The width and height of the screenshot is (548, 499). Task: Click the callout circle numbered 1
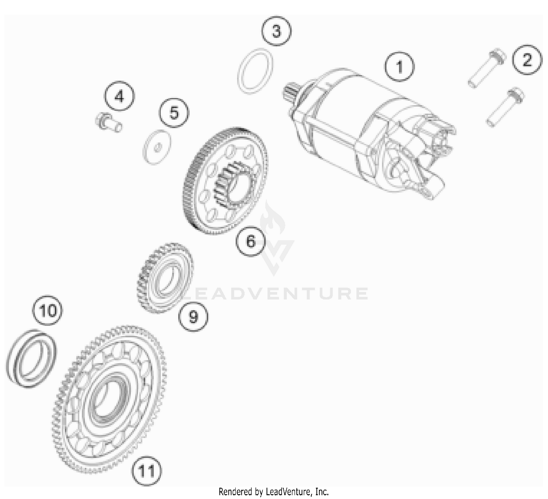coord(399,67)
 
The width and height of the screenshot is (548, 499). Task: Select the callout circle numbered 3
coord(277,31)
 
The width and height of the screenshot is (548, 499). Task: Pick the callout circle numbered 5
coord(174,112)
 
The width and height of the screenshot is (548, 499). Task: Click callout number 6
coord(251,241)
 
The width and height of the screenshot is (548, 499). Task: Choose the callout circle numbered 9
coord(193,316)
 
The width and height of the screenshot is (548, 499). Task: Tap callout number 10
coord(48,311)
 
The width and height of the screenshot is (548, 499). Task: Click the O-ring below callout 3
coord(256,70)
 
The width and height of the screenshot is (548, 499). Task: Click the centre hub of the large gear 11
coord(109,400)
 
